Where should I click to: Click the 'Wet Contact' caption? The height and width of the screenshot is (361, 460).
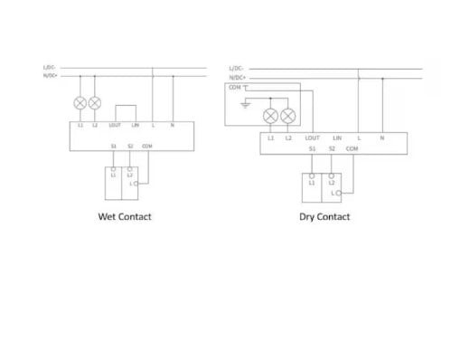[x=125, y=217]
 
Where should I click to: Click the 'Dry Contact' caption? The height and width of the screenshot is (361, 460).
[x=324, y=217]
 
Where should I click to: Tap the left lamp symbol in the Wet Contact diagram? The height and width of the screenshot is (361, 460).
[x=80, y=103]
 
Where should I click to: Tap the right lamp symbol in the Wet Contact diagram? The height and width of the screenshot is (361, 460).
[x=95, y=103]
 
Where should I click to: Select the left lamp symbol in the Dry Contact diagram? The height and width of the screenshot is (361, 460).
[x=269, y=115]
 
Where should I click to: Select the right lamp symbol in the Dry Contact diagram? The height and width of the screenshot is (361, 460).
[x=288, y=115]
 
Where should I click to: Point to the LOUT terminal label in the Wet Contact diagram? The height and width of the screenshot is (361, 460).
[x=115, y=125]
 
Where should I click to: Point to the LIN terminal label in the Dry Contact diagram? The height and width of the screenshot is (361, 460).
[x=336, y=138]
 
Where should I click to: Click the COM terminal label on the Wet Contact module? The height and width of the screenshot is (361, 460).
[x=147, y=145]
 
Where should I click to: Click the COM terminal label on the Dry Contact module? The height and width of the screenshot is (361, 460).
[x=353, y=147]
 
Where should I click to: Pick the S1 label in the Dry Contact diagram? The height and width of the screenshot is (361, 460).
[x=311, y=147]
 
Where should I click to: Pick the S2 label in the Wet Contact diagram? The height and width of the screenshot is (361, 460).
[x=130, y=145]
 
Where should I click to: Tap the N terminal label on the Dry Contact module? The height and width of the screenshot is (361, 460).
[x=382, y=138]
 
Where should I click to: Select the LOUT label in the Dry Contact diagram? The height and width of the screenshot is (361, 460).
[x=313, y=138]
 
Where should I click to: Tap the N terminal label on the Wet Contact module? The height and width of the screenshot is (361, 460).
[x=172, y=125]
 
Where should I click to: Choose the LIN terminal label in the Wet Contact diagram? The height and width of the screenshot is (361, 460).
[x=135, y=125]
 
